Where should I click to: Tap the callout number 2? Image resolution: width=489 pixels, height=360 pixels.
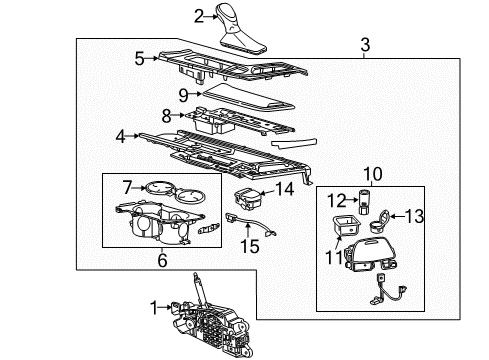(x=199, y=15)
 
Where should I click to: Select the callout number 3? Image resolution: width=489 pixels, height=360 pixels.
(x=365, y=45)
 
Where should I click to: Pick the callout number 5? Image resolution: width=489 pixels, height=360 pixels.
(x=139, y=58)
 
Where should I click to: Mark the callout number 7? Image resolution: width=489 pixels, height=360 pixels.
(x=128, y=185)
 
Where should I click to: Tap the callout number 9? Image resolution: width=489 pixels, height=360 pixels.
(x=184, y=96)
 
